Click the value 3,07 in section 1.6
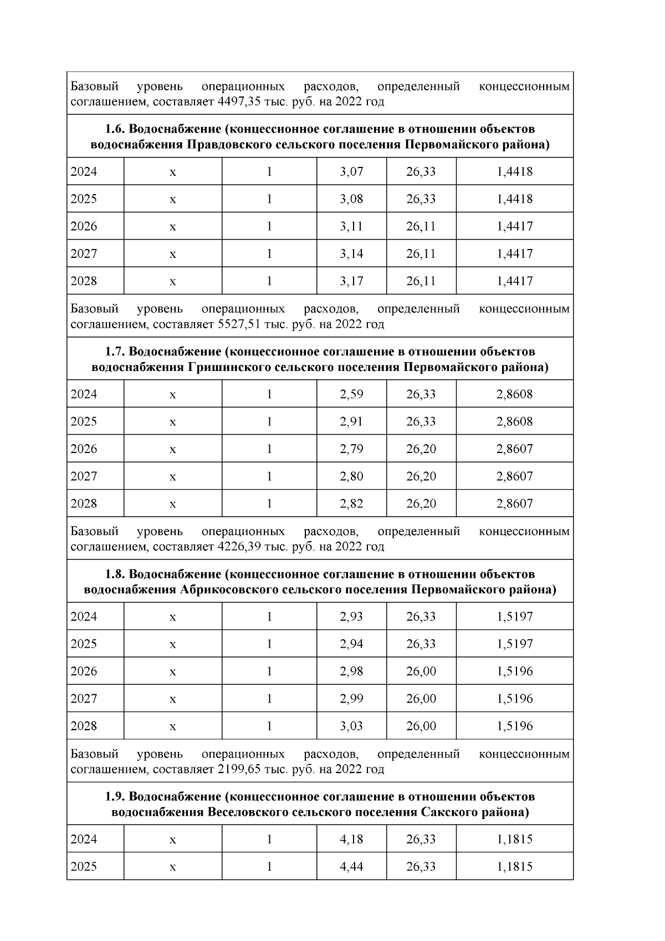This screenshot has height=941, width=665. (351, 171)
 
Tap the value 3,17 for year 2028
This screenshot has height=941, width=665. (351, 281)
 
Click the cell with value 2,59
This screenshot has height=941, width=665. (351, 394)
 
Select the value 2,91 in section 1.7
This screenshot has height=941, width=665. (351, 421)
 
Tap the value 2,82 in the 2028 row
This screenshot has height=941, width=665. (351, 503)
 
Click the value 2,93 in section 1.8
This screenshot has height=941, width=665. (351, 617)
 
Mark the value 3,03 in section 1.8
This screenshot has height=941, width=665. (351, 726)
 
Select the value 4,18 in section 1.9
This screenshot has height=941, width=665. (351, 839)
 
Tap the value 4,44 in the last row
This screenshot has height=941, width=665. (351, 866)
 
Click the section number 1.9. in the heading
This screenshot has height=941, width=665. (115, 797)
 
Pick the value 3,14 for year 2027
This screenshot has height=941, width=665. (351, 254)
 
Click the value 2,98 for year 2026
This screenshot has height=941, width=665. (351, 672)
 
